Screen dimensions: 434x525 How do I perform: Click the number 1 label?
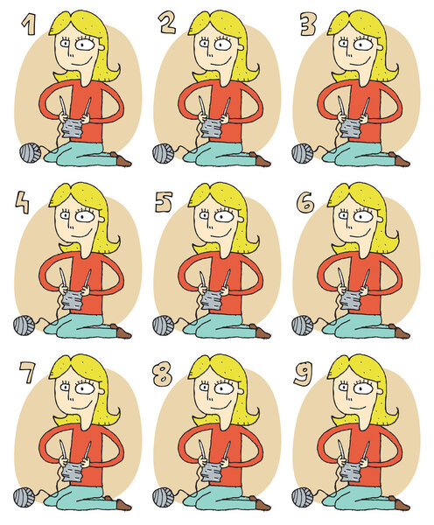[29, 24]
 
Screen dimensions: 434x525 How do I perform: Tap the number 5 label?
[164, 202]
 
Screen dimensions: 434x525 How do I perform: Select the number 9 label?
[303, 374]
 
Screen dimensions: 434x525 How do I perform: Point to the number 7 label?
[26, 373]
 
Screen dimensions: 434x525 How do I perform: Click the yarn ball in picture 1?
[30, 152]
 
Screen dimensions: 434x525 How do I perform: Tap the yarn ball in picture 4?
[24, 325]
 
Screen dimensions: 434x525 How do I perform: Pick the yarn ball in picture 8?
[164, 497]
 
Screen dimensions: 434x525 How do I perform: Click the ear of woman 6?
[380, 220]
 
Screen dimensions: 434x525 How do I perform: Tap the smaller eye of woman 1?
[65, 44]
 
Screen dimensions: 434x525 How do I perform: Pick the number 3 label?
[308, 24]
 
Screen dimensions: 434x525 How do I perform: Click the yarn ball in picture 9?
[303, 497]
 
